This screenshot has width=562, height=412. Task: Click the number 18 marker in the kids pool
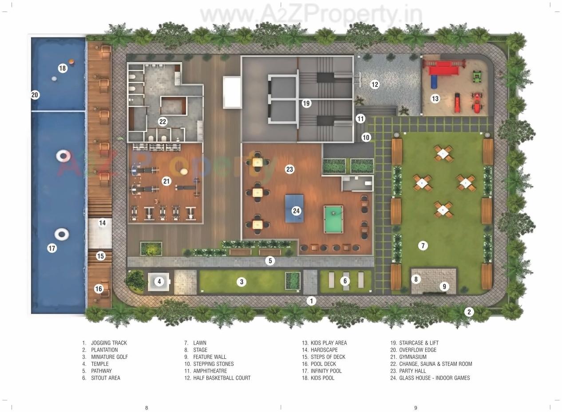[62, 68]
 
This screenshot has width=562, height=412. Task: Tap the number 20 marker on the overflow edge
[35, 94]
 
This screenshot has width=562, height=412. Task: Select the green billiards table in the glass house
[333, 219]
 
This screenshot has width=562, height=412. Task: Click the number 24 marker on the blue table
[296, 211]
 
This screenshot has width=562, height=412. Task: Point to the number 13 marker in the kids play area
[435, 98]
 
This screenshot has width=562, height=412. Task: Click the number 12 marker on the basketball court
[375, 84]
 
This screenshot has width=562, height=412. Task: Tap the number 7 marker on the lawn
[423, 245]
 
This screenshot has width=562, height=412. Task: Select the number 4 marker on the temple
[159, 281]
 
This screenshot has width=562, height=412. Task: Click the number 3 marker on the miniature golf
[241, 281]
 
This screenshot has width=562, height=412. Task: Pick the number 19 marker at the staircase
[306, 103]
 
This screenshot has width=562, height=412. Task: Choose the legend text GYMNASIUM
[412, 357]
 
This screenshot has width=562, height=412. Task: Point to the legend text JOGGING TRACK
[109, 343]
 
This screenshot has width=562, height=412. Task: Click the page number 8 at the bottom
[146, 408]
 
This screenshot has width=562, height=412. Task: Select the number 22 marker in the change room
[162, 122]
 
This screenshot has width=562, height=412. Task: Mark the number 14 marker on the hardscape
[103, 223]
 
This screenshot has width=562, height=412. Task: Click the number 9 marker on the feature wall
[444, 286]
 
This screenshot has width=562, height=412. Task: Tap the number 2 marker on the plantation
[469, 312]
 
